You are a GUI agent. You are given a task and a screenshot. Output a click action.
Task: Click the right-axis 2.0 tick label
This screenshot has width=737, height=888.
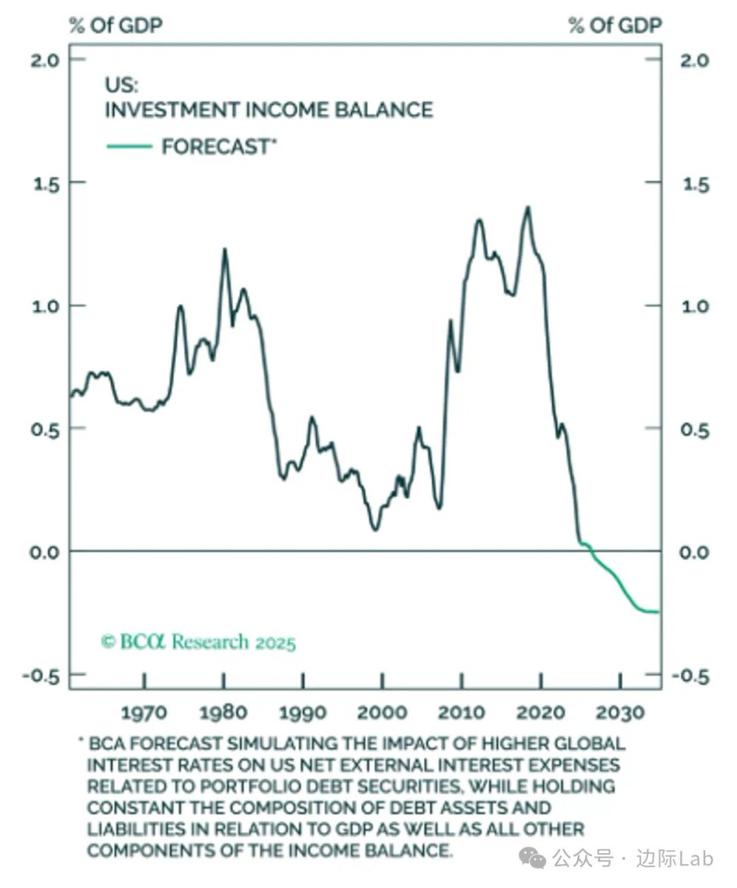point(696,61)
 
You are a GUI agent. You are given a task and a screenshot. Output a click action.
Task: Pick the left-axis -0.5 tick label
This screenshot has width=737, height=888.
point(41,676)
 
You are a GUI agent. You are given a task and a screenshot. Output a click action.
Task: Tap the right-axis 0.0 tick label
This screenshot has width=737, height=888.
point(695,552)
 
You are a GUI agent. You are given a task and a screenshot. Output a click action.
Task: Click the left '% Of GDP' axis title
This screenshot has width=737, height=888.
point(115,25)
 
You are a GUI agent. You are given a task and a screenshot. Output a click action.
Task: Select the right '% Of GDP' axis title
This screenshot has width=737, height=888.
point(616,25)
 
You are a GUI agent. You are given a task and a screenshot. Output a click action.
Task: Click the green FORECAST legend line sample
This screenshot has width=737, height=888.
point(129,147)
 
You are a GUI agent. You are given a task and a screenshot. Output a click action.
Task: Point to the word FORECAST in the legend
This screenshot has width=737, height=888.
point(215,147)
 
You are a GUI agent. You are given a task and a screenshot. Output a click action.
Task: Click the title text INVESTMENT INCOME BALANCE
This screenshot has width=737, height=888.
point(269,110)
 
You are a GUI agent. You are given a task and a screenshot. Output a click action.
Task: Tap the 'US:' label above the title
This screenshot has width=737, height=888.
point(121,85)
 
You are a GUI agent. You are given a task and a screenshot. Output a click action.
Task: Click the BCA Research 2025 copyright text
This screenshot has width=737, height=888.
point(198,642)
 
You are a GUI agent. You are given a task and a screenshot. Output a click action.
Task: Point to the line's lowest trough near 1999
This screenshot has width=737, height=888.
point(375,530)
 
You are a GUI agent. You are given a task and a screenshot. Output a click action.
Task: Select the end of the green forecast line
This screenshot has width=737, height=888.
point(659,612)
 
